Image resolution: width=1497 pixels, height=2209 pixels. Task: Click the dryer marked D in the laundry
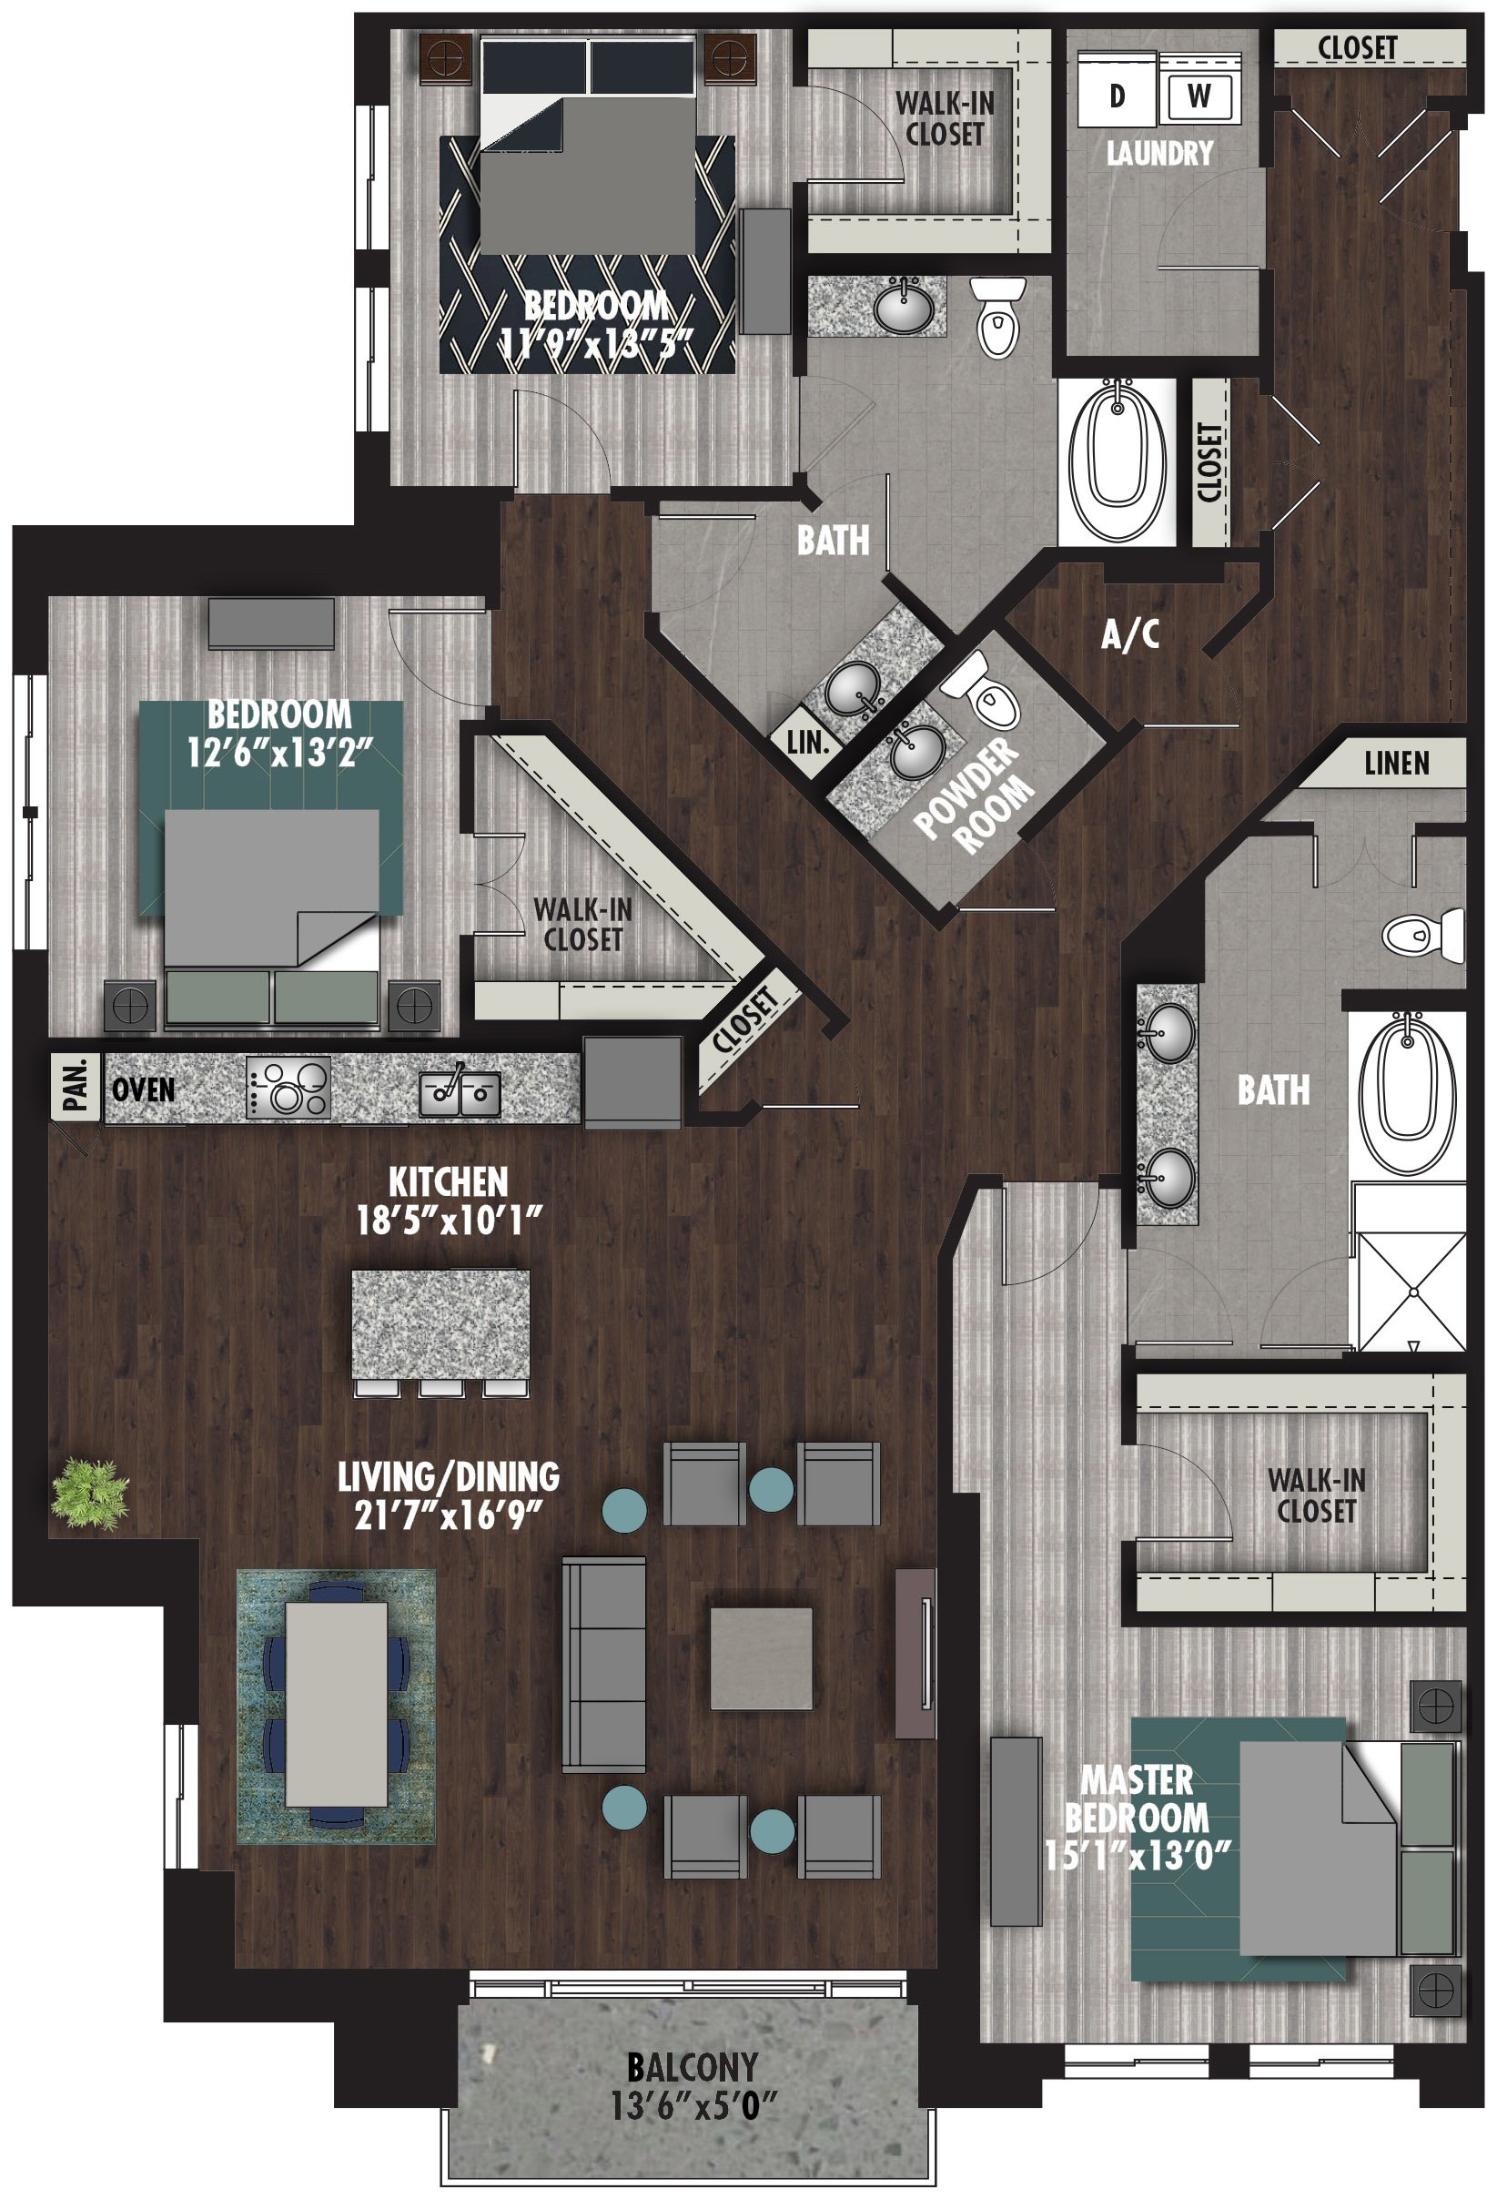(1117, 94)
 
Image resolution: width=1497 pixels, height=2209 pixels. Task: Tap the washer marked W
(1199, 94)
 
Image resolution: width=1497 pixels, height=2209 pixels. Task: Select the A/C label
(1129, 634)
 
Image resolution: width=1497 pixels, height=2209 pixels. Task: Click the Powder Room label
(976, 796)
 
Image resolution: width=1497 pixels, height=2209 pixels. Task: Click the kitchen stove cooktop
(288, 1087)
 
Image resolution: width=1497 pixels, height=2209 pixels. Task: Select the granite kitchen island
(440, 1323)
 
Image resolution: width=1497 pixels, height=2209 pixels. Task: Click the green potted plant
(90, 1495)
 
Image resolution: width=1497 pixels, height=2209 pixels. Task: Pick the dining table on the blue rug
(337, 1703)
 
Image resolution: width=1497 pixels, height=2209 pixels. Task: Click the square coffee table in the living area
(762, 1658)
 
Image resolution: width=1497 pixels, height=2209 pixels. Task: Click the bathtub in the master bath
(1408, 1092)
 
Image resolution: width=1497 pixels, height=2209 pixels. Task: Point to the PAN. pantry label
(76, 1087)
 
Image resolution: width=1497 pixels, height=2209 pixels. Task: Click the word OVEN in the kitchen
(144, 1089)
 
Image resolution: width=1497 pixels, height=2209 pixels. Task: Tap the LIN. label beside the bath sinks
(807, 743)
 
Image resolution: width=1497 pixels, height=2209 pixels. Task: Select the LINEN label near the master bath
(1395, 763)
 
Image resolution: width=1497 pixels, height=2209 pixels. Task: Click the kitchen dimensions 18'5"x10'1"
(449, 1220)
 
